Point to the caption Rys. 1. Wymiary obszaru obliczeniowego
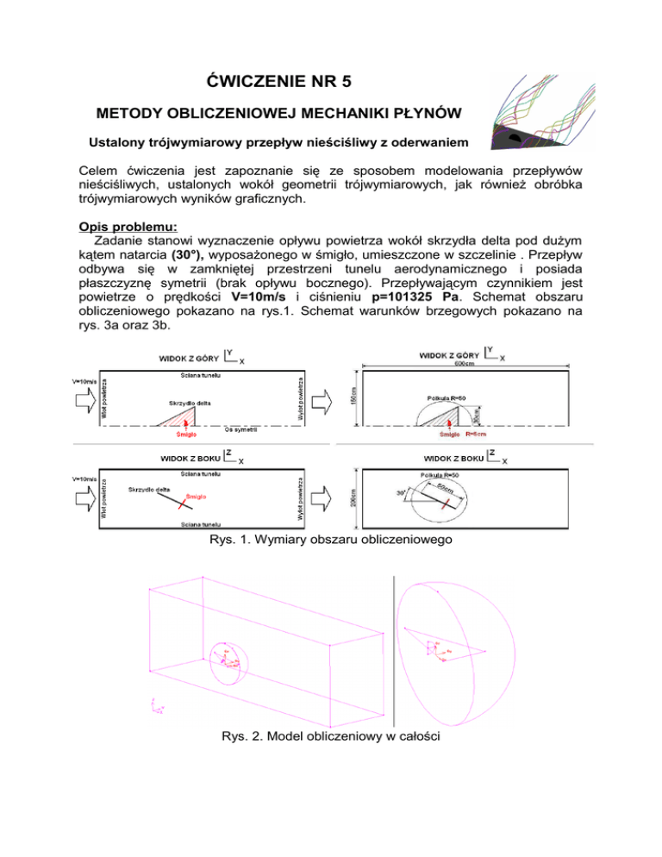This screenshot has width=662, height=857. click(x=331, y=543)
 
